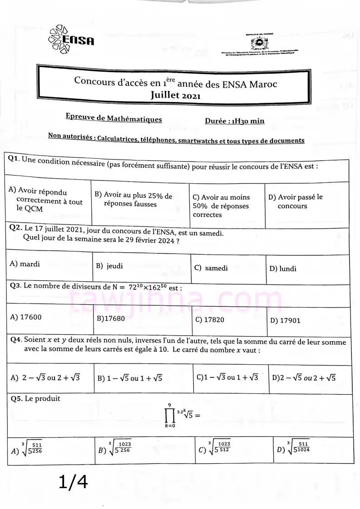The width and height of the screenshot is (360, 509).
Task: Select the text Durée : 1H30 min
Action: [x=234, y=121]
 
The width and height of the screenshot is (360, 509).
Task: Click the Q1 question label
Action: [x=14, y=159]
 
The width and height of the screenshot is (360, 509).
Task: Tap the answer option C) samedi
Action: [x=211, y=268]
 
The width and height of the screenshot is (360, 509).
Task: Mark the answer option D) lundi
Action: [x=283, y=269]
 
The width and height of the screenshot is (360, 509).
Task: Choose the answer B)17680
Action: [x=111, y=318]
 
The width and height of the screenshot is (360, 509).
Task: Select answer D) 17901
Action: [x=285, y=320]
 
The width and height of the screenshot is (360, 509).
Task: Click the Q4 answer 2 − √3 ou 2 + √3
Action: [x=45, y=377]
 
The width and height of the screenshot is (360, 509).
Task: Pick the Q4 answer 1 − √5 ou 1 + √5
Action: [x=130, y=378]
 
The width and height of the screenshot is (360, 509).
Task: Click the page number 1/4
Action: [x=73, y=482]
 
